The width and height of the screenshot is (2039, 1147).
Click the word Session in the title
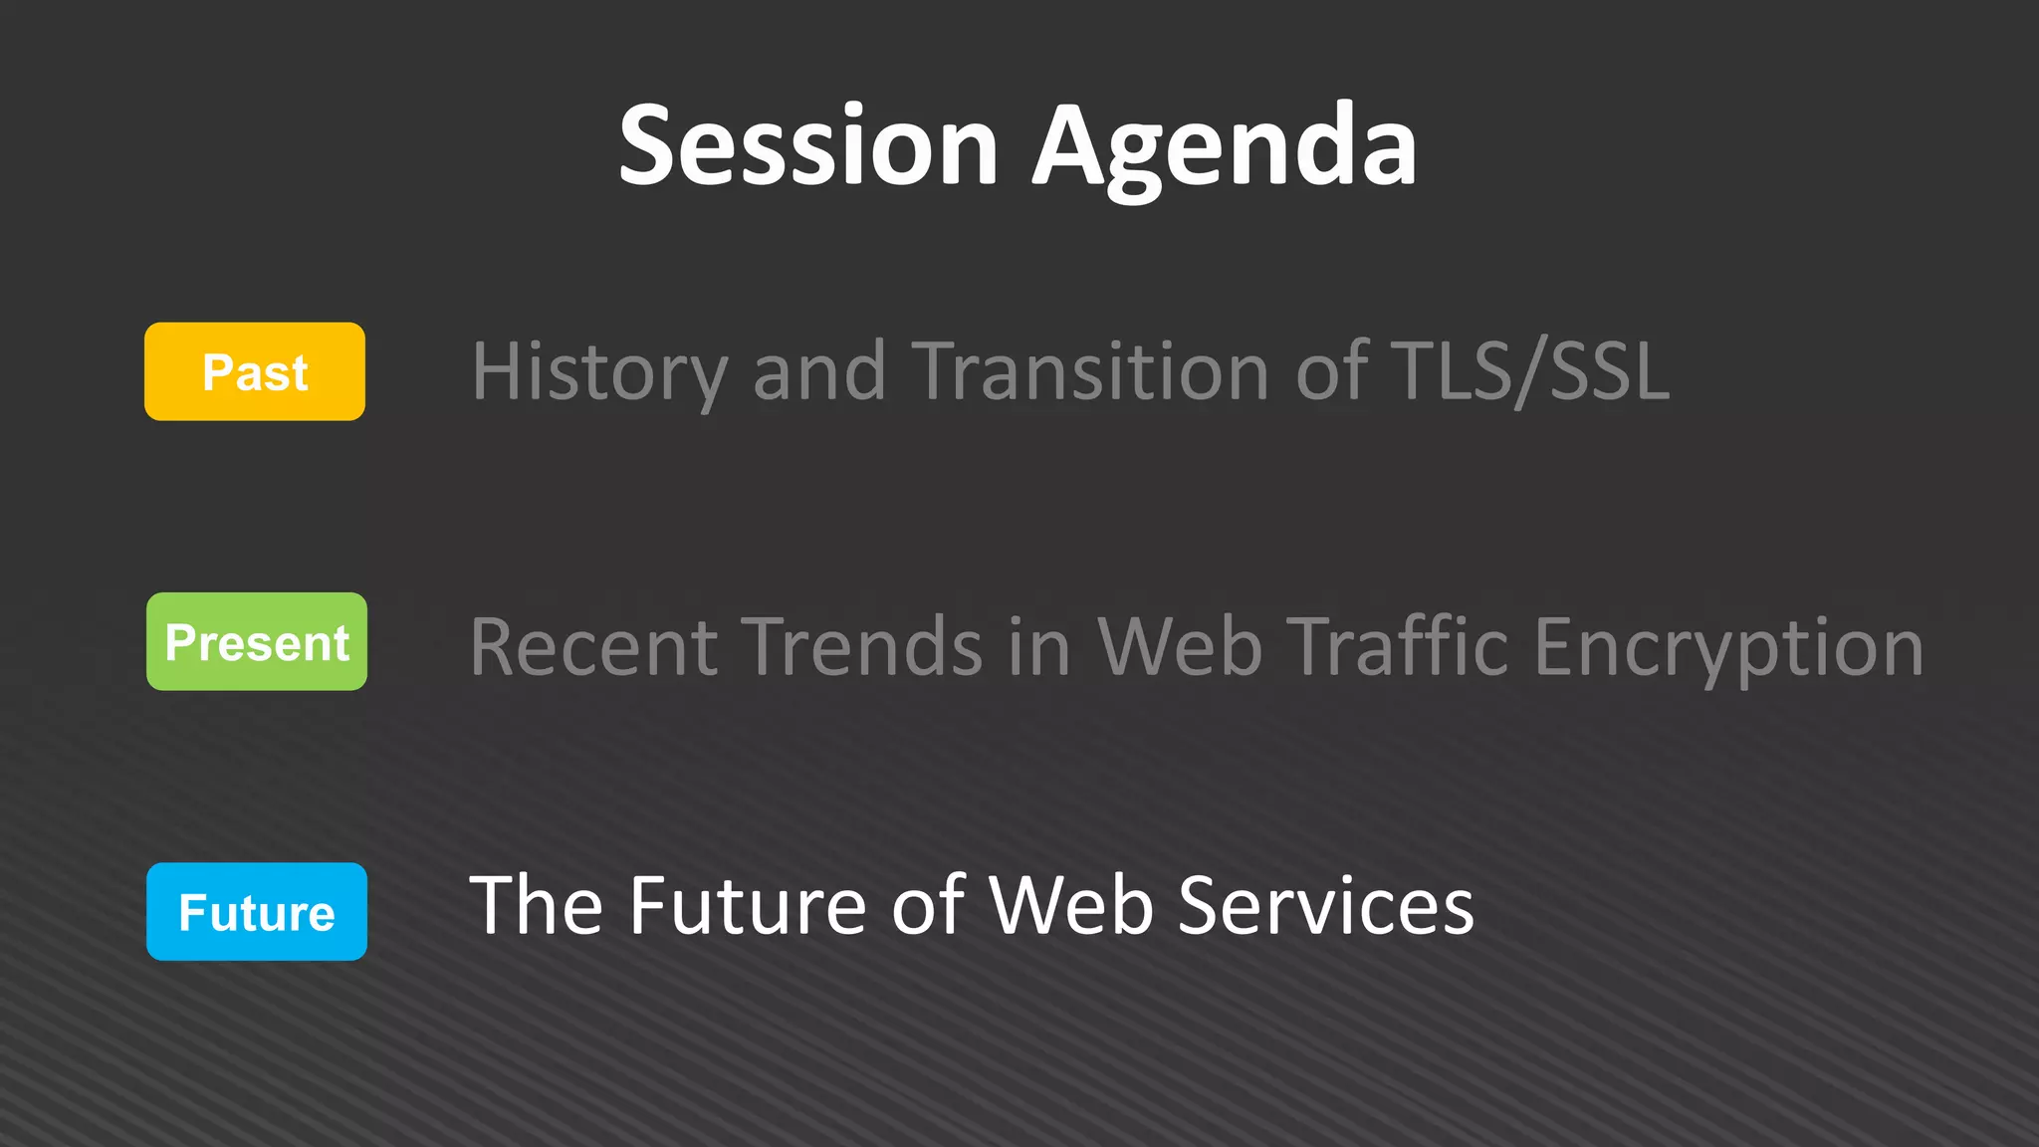[807, 146]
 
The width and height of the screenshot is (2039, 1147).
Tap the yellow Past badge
[255, 371]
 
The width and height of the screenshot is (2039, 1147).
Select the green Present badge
[257, 641]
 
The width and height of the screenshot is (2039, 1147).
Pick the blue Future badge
[257, 911]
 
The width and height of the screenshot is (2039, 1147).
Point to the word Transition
[1090, 371]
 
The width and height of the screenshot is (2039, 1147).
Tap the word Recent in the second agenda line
[593, 647]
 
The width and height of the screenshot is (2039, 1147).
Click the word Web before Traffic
[1180, 647]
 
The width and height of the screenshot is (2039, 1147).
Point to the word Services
[1325, 905]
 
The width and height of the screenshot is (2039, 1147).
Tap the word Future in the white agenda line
[748, 905]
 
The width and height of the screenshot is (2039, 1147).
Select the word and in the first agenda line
[818, 371]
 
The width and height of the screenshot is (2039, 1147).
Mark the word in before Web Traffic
[1038, 647]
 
